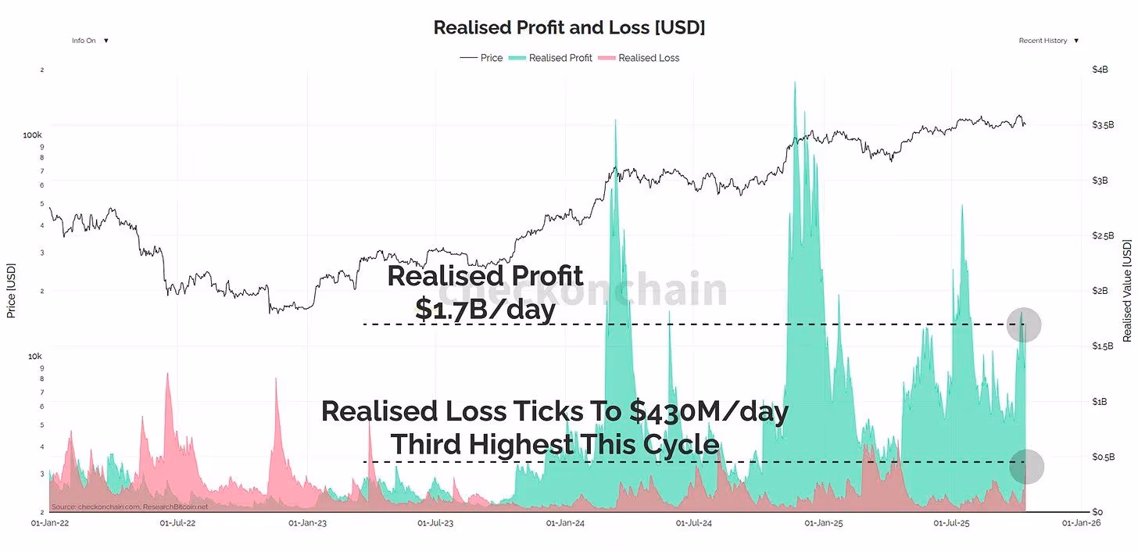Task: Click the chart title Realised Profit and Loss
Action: pyautogui.click(x=569, y=27)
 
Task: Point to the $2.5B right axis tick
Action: pyautogui.click(x=1102, y=235)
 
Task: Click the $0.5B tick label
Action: pyautogui.click(x=1102, y=457)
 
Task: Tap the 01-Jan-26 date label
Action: pyautogui.click(x=1081, y=522)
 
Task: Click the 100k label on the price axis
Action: pyautogui.click(x=32, y=135)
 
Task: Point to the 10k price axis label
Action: pyautogui.click(x=34, y=356)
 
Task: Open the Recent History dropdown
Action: pyautogui.click(x=1048, y=41)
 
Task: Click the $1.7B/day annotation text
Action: pyautogui.click(x=485, y=310)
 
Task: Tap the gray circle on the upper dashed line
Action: pyautogui.click(x=1023, y=324)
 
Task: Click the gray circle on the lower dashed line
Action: pyautogui.click(x=1026, y=466)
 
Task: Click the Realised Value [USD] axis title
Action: pyautogui.click(x=1126, y=291)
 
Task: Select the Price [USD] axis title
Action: pyautogui.click(x=11, y=291)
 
